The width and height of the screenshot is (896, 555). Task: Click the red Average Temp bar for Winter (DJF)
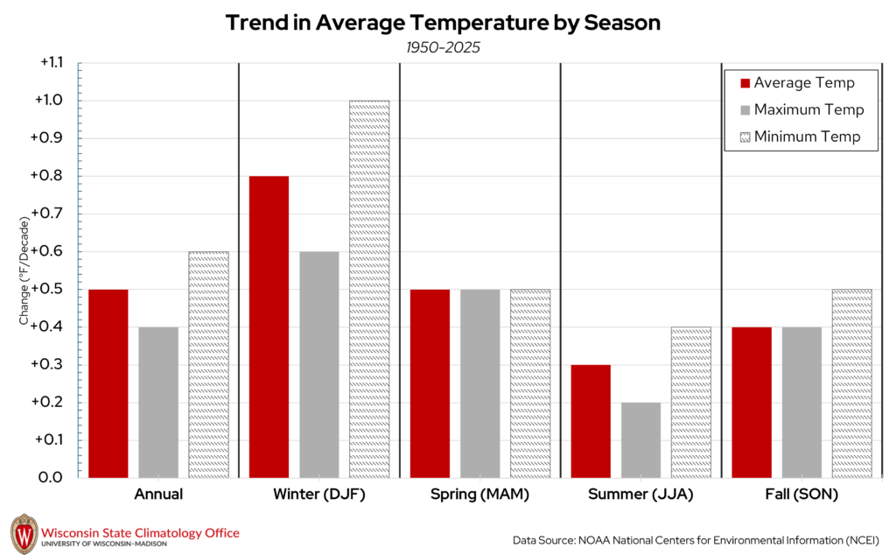[269, 327]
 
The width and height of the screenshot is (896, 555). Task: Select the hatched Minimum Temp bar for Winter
[369, 289]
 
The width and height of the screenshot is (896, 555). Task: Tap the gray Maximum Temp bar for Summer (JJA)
[640, 439]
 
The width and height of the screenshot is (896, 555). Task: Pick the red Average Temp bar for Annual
[108, 383]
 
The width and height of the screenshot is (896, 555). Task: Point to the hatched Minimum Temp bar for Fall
[852, 383]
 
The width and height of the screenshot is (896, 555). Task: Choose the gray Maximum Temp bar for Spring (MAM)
[479, 383]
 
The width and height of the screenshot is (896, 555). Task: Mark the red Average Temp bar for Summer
[591, 420]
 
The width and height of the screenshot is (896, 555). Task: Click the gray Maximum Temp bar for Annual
[158, 402]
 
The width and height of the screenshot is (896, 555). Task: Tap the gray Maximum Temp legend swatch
[745, 110]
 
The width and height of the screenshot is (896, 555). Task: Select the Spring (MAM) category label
[479, 495]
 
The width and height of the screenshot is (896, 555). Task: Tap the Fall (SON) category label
[801, 495]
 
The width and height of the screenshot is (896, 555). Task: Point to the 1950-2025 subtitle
[443, 47]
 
